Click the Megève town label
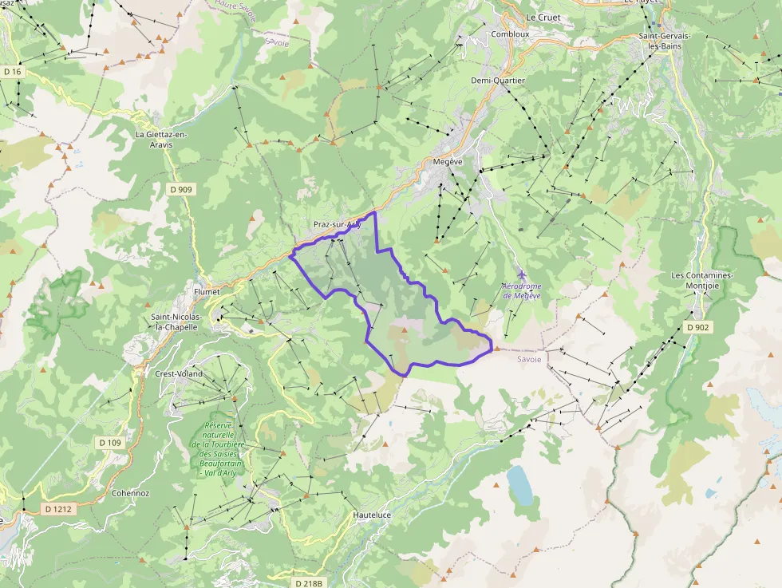pos(447,161)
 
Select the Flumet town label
pos(207,291)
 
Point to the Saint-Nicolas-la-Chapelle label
pos(177,322)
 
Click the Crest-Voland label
pos(179,373)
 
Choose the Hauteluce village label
pos(372,515)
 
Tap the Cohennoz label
pos(130,493)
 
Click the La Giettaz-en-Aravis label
pos(161,140)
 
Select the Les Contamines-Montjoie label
pos(701,281)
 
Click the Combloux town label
pos(510,34)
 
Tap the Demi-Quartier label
pos(498,81)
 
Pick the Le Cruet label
pos(543,18)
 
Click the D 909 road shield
pos(181,189)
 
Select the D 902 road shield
pos(697,327)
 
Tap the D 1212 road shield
pos(56,507)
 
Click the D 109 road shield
pos(109,442)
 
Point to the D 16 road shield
pos(12,72)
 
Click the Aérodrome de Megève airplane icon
pos(521,275)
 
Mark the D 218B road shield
pos(306,583)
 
